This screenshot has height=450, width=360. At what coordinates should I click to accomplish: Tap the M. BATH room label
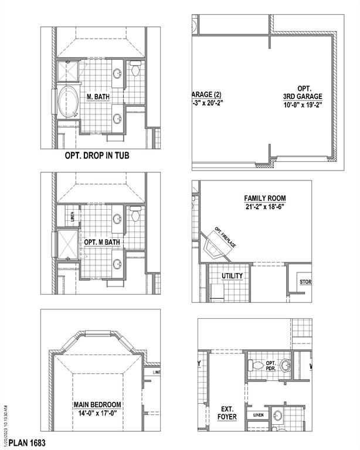pyautogui.click(x=98, y=97)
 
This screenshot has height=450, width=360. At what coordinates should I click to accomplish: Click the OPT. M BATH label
pyautogui.click(x=102, y=241)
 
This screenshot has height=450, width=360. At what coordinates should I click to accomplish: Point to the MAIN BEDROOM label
pyautogui.click(x=97, y=404)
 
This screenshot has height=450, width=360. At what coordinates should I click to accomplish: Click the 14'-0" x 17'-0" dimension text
pyautogui.click(x=97, y=412)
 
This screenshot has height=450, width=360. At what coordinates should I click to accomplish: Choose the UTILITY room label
pyautogui.click(x=232, y=275)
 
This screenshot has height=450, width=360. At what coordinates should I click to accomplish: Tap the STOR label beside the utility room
pyautogui.click(x=305, y=282)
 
